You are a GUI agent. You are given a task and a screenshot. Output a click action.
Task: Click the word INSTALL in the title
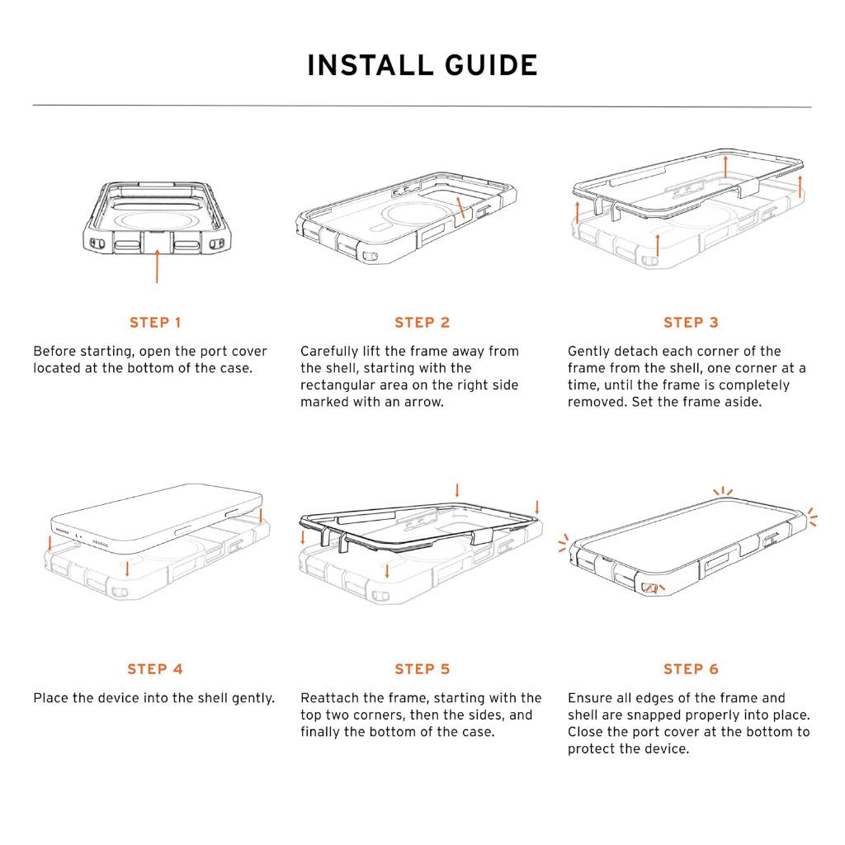(371, 65)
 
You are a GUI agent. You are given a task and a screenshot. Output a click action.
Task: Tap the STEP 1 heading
(155, 323)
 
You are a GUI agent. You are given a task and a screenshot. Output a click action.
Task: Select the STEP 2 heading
(422, 323)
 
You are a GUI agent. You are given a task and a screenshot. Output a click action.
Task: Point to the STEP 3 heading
(691, 323)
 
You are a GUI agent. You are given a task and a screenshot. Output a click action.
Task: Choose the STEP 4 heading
(155, 668)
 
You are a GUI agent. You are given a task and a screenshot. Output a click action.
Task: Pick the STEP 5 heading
(422, 668)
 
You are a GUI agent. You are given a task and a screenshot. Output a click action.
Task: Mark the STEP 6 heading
(691, 668)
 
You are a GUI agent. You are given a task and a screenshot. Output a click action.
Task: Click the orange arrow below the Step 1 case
(157, 266)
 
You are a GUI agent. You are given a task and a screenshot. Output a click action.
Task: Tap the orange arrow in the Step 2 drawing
(460, 207)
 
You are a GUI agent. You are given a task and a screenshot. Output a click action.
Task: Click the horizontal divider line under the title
(422, 106)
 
